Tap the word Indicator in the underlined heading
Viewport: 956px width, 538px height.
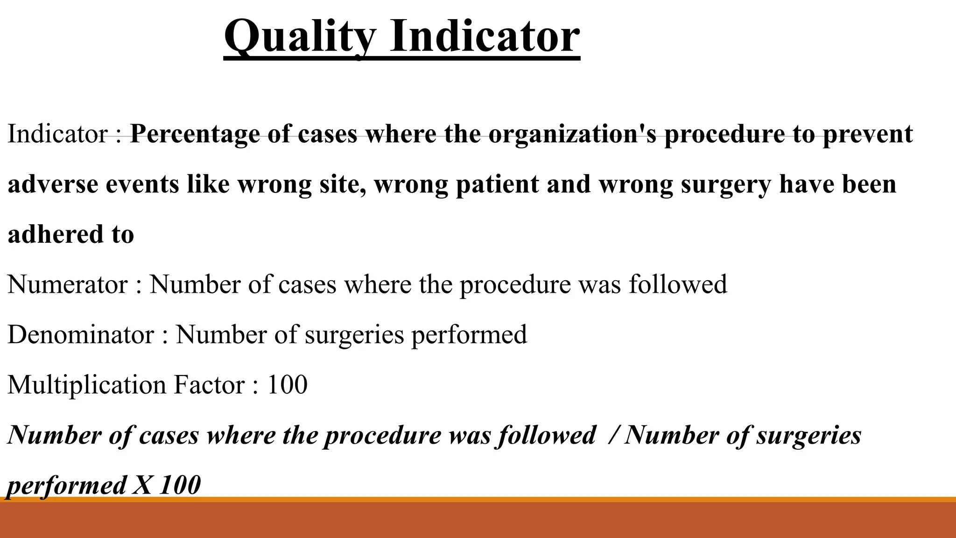[x=485, y=36]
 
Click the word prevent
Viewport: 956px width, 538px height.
[x=867, y=134]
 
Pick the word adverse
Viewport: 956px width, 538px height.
[x=53, y=184]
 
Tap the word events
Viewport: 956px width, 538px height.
[x=142, y=184]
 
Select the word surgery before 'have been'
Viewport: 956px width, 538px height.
[x=726, y=185]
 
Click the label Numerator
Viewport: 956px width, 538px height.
[x=67, y=284]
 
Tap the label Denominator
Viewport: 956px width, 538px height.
[x=80, y=335]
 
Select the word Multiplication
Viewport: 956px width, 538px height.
[x=87, y=385]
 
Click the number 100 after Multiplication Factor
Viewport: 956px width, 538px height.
[x=287, y=385]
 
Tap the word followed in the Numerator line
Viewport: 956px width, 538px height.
[x=678, y=284]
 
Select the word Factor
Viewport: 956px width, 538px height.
[x=209, y=385]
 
